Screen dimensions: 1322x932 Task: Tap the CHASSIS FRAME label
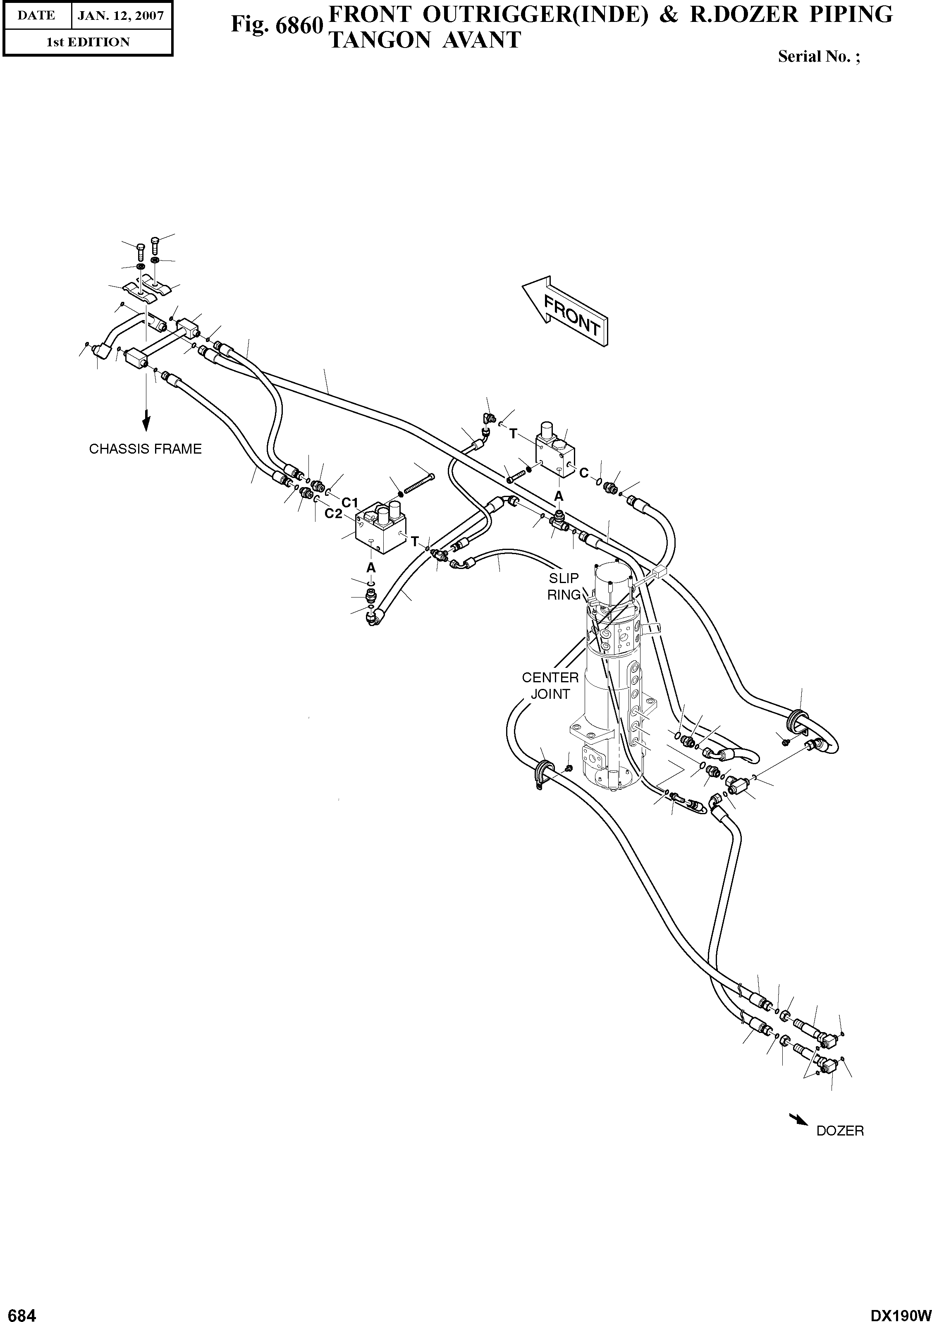pos(145,449)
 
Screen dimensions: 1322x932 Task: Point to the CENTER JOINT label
pos(550,686)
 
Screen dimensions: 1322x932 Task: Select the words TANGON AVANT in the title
pos(424,40)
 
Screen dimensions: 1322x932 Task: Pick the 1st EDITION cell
pos(88,42)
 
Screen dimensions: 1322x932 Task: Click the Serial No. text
pos(819,57)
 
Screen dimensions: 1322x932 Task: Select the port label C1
pos(350,502)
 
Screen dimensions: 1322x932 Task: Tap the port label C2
pos(333,514)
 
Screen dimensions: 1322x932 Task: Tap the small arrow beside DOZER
pos(798,1119)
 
